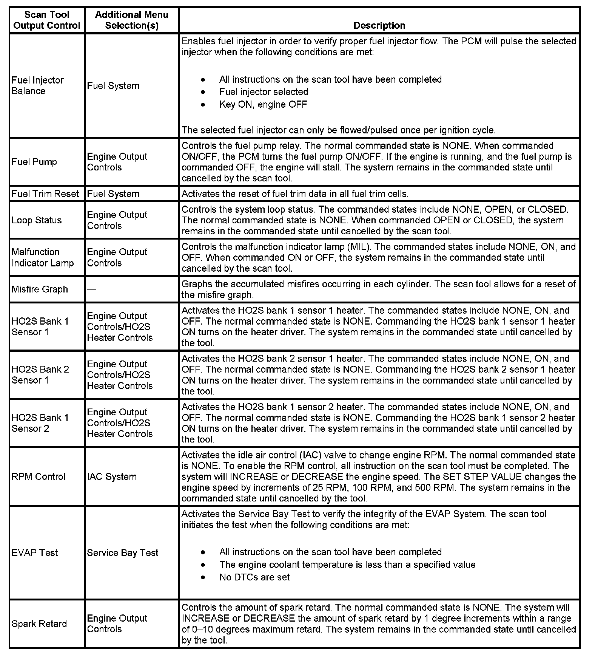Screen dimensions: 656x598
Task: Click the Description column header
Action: coord(379,25)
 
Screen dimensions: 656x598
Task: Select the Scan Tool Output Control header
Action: coord(47,20)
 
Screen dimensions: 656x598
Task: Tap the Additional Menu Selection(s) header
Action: coord(131,20)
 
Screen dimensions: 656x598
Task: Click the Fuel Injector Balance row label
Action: coord(37,85)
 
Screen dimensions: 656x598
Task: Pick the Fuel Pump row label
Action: coord(34,162)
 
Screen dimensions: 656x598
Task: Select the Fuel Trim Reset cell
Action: coord(45,194)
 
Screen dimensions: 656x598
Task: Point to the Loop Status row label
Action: coord(36,220)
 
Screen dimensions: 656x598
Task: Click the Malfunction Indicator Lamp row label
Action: coord(42,257)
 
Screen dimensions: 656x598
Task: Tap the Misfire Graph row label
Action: coord(40,289)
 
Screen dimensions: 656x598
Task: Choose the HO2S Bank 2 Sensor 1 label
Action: coord(40,374)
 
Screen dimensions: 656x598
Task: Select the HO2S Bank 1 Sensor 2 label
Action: coord(40,423)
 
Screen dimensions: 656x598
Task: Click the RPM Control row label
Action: coord(39,477)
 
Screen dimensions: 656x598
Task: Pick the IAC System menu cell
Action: coord(112,477)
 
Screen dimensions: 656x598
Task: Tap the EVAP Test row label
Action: coord(35,553)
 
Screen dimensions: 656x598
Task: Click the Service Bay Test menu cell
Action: coord(122,553)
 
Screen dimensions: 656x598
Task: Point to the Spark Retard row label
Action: coord(39,624)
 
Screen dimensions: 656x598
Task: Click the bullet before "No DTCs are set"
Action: coord(203,577)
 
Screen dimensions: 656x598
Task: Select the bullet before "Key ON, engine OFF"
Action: coord(203,104)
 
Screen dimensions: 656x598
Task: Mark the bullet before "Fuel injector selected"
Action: coord(203,92)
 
